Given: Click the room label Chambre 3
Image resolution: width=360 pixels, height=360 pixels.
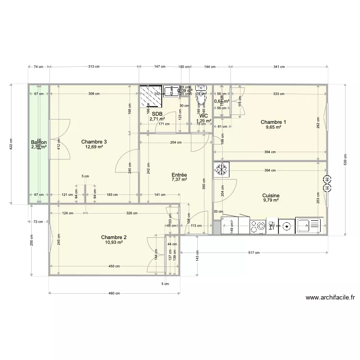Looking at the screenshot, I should (x=94, y=142).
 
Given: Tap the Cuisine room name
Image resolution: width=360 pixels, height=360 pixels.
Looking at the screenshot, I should (x=271, y=196).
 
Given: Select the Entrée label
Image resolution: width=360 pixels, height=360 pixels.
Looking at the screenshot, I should (x=179, y=175).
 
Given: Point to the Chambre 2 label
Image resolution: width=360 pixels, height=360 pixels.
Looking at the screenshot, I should (x=114, y=237).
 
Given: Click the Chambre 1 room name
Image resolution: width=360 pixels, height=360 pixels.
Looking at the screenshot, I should (x=273, y=122).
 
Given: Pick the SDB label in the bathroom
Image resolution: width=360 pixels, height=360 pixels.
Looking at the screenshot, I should (x=157, y=114).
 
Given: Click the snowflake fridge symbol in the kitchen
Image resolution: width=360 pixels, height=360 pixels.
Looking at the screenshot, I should (x=222, y=169).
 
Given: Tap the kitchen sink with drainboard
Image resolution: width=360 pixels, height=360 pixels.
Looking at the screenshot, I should (x=308, y=225).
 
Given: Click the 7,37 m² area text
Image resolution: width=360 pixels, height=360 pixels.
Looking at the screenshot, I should (x=179, y=180).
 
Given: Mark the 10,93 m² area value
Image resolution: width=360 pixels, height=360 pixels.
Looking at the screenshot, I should (x=114, y=243).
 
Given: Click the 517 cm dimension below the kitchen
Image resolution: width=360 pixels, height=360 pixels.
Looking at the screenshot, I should (x=254, y=252).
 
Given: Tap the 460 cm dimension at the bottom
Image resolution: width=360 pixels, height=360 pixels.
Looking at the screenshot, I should (x=114, y=294).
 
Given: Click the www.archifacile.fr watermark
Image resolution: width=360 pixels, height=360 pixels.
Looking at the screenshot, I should (x=330, y=297).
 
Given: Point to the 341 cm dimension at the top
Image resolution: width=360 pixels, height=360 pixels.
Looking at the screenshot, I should (x=279, y=67).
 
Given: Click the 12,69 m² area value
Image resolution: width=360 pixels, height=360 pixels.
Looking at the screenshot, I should (x=94, y=147).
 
